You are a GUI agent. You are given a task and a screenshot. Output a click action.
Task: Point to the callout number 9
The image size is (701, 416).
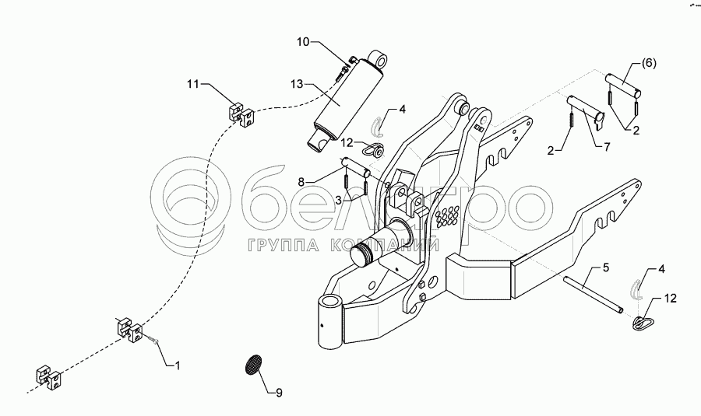point(278,392)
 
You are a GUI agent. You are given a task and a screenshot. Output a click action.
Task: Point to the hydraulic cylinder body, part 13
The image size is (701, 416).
point(343,101)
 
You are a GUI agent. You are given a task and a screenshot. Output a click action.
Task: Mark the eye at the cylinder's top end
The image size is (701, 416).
point(380,60)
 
